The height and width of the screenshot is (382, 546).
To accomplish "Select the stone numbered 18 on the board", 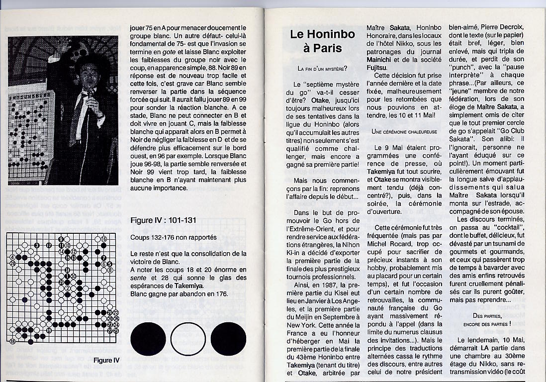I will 12,342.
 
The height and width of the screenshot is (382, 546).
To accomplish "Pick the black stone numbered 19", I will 49,330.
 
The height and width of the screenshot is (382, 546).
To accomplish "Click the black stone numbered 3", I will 37,245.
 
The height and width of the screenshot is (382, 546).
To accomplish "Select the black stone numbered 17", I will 49,245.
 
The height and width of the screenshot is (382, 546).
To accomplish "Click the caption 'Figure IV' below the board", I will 106,360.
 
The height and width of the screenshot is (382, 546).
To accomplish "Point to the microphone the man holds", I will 91,95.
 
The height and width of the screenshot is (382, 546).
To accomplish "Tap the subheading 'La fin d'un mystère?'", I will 322,68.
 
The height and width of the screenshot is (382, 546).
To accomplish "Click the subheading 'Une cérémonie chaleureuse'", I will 404,131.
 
